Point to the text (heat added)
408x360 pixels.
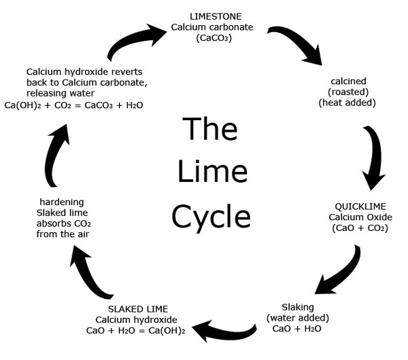[347, 103]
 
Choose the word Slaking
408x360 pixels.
[298, 306]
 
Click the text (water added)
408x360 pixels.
[298, 317]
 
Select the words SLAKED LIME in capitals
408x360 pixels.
[136, 309]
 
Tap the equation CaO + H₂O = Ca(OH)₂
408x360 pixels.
[136, 331]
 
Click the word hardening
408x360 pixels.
[62, 202]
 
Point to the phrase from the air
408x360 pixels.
[62, 234]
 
